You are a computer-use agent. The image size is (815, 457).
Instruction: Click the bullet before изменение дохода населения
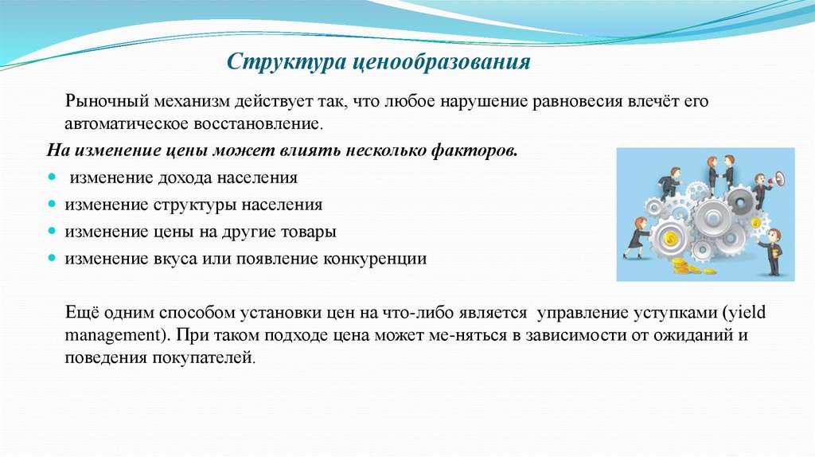pyautogui.click(x=52, y=177)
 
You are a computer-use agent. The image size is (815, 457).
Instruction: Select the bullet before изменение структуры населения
pyautogui.click(x=52, y=204)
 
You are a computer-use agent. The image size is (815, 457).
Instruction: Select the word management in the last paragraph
pyautogui.click(x=113, y=334)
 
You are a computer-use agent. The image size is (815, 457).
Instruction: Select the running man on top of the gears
pyautogui.click(x=669, y=183)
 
